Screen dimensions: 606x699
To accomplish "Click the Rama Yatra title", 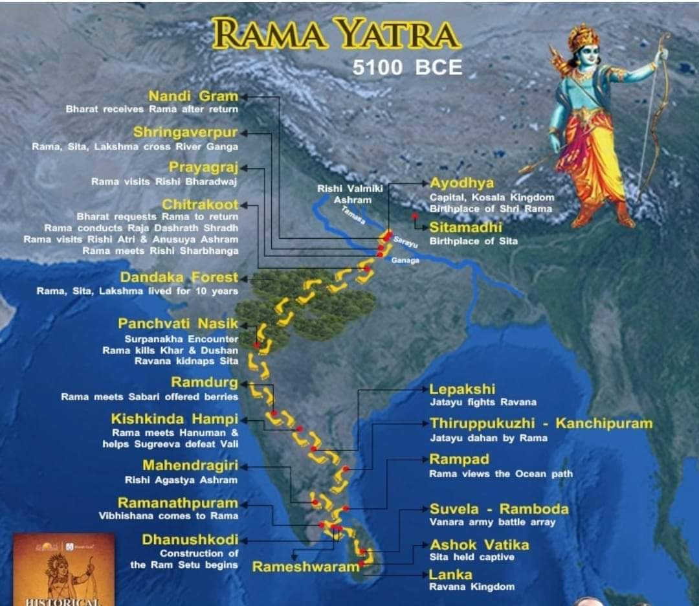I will point(336,34).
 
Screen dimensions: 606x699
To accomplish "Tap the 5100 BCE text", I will point(407,67).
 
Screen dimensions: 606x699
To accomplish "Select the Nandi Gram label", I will point(193,96).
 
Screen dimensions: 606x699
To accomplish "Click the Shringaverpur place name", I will point(185,133).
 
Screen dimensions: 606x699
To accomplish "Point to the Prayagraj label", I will point(203,168).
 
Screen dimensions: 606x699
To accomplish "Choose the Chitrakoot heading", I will point(200,205).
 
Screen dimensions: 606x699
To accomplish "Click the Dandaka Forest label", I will point(179,277).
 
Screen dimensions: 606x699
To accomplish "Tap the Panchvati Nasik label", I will point(178,323).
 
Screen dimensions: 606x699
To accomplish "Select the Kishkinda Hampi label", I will point(174,419).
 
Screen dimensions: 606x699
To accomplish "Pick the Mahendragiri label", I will point(190,466).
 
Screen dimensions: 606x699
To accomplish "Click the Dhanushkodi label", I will point(190,539).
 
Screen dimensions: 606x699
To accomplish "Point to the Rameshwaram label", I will point(305,567).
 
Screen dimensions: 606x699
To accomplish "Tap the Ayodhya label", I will point(461,183).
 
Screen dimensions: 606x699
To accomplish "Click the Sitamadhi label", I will point(465,228).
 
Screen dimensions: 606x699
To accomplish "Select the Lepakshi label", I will point(462,389).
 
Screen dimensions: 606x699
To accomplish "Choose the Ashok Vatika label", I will point(479,544).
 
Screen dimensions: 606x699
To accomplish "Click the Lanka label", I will point(450,574).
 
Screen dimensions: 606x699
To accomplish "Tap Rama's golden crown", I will point(583,37).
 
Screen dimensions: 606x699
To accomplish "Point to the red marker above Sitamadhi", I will point(414,216).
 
